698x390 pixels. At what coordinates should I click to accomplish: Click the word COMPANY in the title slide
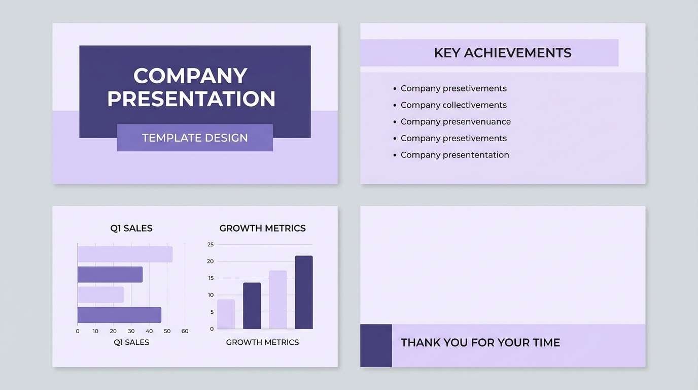pos(190,76)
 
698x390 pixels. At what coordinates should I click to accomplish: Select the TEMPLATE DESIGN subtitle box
pos(195,138)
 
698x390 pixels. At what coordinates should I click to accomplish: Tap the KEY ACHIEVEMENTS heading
pos(502,53)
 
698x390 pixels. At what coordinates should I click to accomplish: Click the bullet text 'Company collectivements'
pos(453,105)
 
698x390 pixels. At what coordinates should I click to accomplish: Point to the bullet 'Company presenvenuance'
pos(456,122)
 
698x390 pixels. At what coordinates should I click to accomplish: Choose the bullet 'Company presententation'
pos(455,155)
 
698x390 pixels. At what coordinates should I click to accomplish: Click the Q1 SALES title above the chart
pos(131,229)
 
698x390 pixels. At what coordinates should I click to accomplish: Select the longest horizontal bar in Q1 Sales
pos(125,254)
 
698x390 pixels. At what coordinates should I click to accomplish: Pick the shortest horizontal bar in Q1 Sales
pos(100,295)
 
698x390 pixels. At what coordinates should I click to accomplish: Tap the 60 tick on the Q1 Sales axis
pos(185,331)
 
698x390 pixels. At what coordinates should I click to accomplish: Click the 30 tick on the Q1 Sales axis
pos(131,331)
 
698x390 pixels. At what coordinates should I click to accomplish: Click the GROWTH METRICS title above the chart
pos(262,229)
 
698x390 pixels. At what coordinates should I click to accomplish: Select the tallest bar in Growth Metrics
pos(303,292)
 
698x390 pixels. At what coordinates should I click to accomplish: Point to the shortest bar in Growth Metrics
pos(226,314)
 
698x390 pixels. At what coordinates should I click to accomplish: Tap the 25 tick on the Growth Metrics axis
pos(211,244)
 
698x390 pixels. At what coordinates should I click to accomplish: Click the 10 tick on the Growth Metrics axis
pos(211,295)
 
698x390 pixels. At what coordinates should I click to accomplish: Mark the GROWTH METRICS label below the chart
pos(262,342)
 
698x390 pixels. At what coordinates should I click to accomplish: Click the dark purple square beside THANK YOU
pos(376,345)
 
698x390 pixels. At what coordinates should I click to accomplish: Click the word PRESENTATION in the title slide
pos(191,99)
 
